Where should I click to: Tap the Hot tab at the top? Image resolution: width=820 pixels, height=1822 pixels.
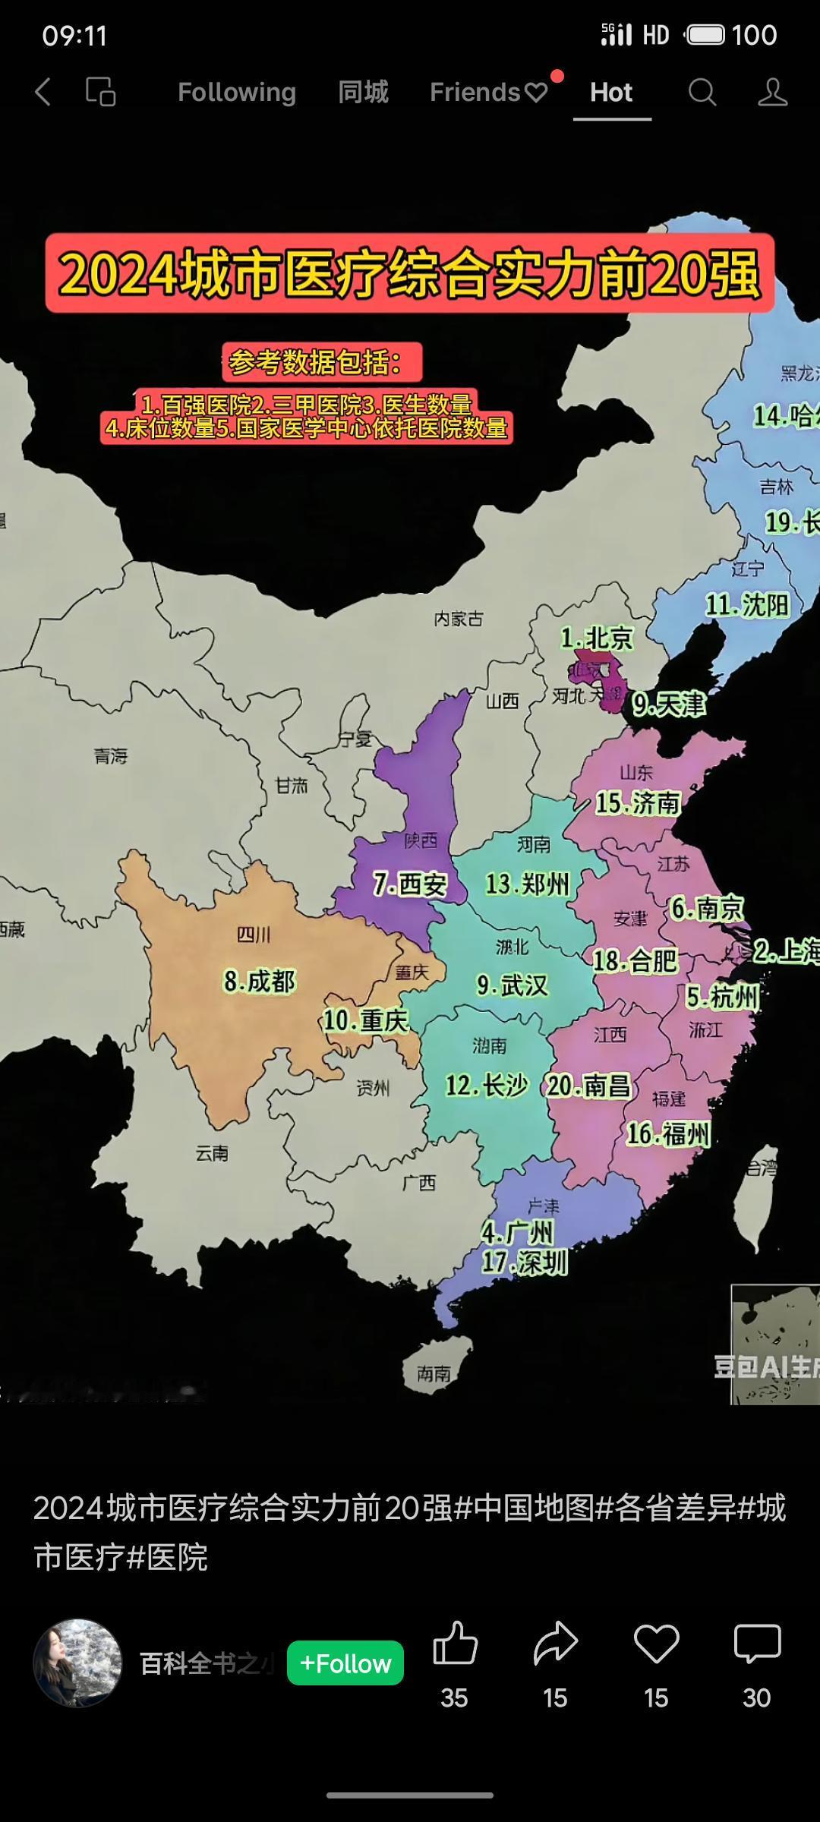[x=611, y=93]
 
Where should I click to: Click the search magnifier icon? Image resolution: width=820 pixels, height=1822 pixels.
[x=702, y=93]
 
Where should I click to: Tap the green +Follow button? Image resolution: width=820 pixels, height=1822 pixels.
[x=345, y=1663]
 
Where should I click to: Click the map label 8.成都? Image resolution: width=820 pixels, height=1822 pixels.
[x=259, y=982]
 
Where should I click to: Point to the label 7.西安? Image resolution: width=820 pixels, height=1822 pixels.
[x=409, y=884]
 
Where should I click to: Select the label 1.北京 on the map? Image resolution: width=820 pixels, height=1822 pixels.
[x=597, y=638]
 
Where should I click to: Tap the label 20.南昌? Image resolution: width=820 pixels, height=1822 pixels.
[x=588, y=1086]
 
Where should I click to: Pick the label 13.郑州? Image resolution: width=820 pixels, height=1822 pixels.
[x=527, y=884]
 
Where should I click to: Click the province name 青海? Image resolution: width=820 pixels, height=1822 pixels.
[x=111, y=756]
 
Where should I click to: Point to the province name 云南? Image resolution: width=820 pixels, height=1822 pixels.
[x=212, y=1153]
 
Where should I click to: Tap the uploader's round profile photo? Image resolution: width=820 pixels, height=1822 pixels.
[x=77, y=1663]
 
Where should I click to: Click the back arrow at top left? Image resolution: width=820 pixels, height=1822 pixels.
[x=43, y=93]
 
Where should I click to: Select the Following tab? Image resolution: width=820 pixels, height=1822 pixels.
[x=236, y=93]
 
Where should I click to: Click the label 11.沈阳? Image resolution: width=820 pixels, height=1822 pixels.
[x=747, y=605]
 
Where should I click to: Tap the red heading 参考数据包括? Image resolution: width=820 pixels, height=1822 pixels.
[x=322, y=362]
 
